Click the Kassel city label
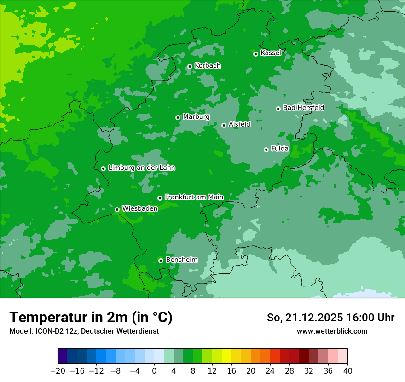coord(271,53)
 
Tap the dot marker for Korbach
coord(190,66)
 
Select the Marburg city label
coord(196,117)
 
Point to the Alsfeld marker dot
coord(224,125)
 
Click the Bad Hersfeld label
coord(303,108)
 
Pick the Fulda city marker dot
coord(266,150)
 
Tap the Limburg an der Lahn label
coord(142,168)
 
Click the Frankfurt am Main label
coord(194,197)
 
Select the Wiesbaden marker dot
coord(117,209)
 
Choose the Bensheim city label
coord(181,260)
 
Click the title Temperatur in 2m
coord(91,317)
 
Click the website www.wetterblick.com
coord(332,331)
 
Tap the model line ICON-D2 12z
coord(84,331)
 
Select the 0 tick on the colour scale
coord(154,371)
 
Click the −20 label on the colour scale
coord(58,371)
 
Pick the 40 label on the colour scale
coord(347,371)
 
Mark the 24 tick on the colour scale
coord(270,371)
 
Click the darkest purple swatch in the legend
coord(62,356)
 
